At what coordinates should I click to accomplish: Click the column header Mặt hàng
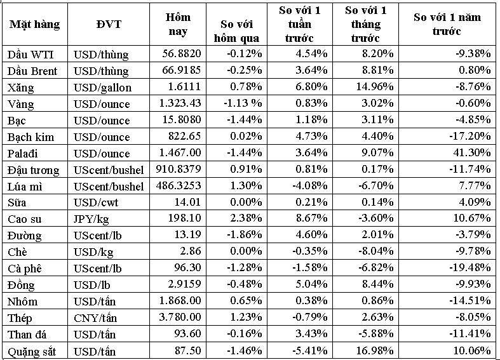click(x=35, y=25)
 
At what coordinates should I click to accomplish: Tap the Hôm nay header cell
click(x=177, y=25)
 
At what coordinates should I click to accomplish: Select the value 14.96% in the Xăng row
click(x=377, y=87)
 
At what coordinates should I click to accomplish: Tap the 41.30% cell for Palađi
click(x=473, y=153)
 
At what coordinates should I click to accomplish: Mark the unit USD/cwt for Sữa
click(x=97, y=203)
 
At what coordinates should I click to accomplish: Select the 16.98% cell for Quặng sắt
click(x=377, y=351)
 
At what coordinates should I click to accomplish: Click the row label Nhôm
click(x=24, y=302)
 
